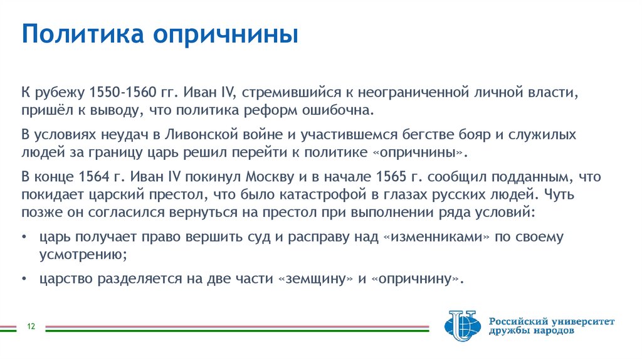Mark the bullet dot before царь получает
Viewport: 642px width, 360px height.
click(x=24, y=238)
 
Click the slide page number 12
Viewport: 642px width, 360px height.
click(x=30, y=327)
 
